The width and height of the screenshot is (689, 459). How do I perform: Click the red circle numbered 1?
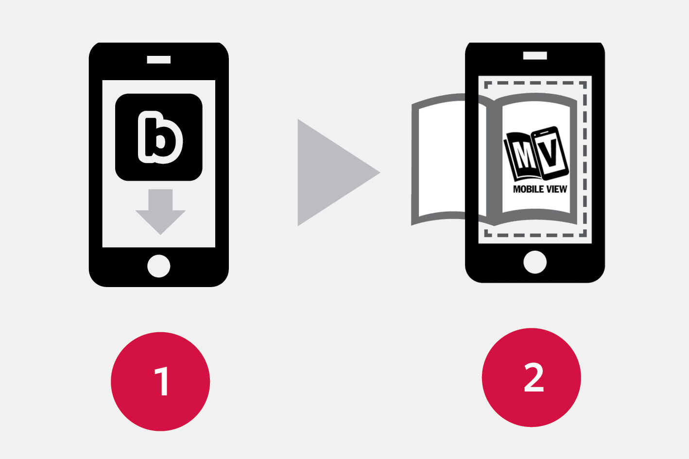tap(160, 381)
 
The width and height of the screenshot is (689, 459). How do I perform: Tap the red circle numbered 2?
tap(532, 377)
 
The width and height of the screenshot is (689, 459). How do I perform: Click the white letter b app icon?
tap(160, 137)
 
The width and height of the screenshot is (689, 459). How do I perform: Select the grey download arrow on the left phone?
tap(160, 211)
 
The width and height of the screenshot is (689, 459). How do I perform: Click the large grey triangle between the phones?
tap(330, 172)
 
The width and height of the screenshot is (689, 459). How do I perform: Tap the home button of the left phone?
tap(159, 266)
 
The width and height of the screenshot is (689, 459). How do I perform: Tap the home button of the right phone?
tap(535, 262)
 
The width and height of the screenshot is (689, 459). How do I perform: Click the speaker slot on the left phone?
tap(159, 60)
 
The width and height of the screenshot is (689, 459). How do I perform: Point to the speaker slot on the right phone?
tap(535, 56)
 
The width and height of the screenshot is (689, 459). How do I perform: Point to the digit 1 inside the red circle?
tap(162, 381)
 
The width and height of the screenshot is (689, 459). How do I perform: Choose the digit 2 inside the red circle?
tap(534, 377)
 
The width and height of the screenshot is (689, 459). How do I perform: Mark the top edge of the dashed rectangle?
tap(535, 83)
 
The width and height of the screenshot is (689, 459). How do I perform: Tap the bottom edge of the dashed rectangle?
tap(535, 235)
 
